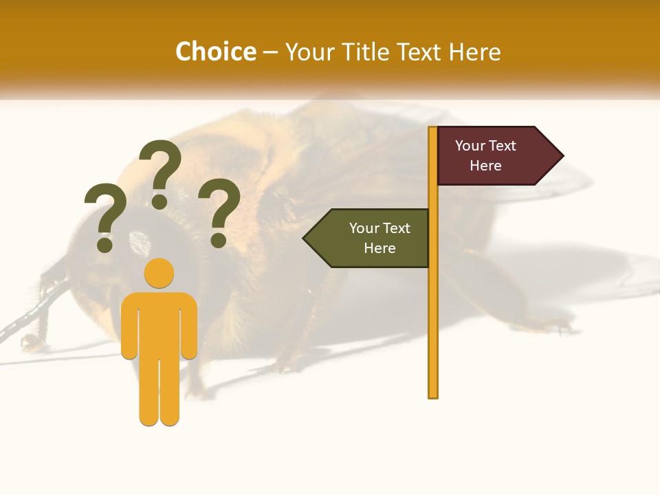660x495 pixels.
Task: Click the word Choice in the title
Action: click(x=215, y=52)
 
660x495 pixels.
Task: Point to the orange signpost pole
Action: click(x=433, y=309)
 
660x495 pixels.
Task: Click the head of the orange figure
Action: click(x=159, y=273)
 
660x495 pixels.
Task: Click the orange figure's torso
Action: click(x=159, y=323)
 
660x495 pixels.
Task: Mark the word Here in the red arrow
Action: click(x=485, y=166)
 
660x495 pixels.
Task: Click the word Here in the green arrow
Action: click(x=379, y=248)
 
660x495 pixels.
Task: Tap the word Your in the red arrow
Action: click(x=470, y=146)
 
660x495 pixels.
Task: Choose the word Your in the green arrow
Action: click(x=364, y=228)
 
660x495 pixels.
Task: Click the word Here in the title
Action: click(x=474, y=52)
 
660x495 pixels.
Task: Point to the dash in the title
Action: click(x=270, y=53)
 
